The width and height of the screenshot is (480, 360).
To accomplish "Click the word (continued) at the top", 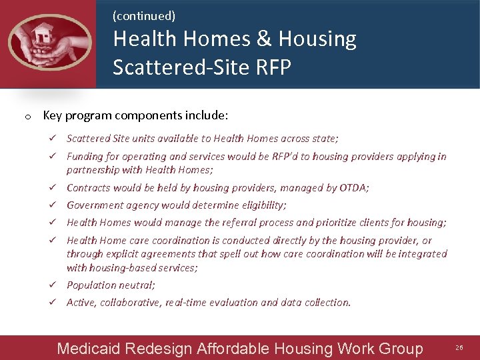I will coord(144,15).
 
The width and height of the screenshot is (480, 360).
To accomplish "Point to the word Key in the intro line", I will coord(52,115).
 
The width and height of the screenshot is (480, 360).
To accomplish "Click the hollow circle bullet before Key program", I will coord(25,117).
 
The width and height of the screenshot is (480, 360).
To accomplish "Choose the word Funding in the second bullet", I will coord(85,157).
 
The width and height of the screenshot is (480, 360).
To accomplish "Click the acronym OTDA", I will coord(353,188).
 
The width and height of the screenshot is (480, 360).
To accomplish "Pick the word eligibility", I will coord(263,205).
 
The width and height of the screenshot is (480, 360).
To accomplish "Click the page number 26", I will coord(459,348).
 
